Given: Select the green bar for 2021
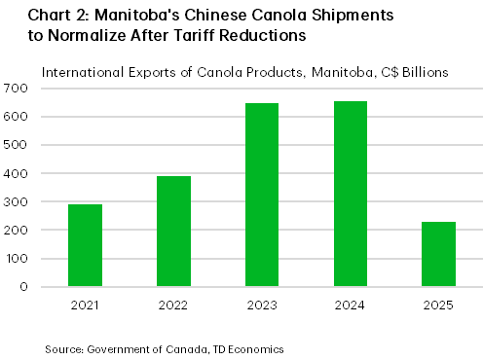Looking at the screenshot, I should [85, 245].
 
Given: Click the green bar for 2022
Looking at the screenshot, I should [173, 232].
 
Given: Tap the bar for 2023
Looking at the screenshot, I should [262, 195].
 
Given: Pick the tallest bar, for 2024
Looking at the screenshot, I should [351, 194].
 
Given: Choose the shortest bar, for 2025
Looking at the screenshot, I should [438, 254].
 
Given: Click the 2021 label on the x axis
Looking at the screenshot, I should [85, 304].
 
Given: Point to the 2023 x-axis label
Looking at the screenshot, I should [262, 304].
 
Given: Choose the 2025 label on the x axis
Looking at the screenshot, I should [438, 304].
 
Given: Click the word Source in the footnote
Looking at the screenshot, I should [60, 346].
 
